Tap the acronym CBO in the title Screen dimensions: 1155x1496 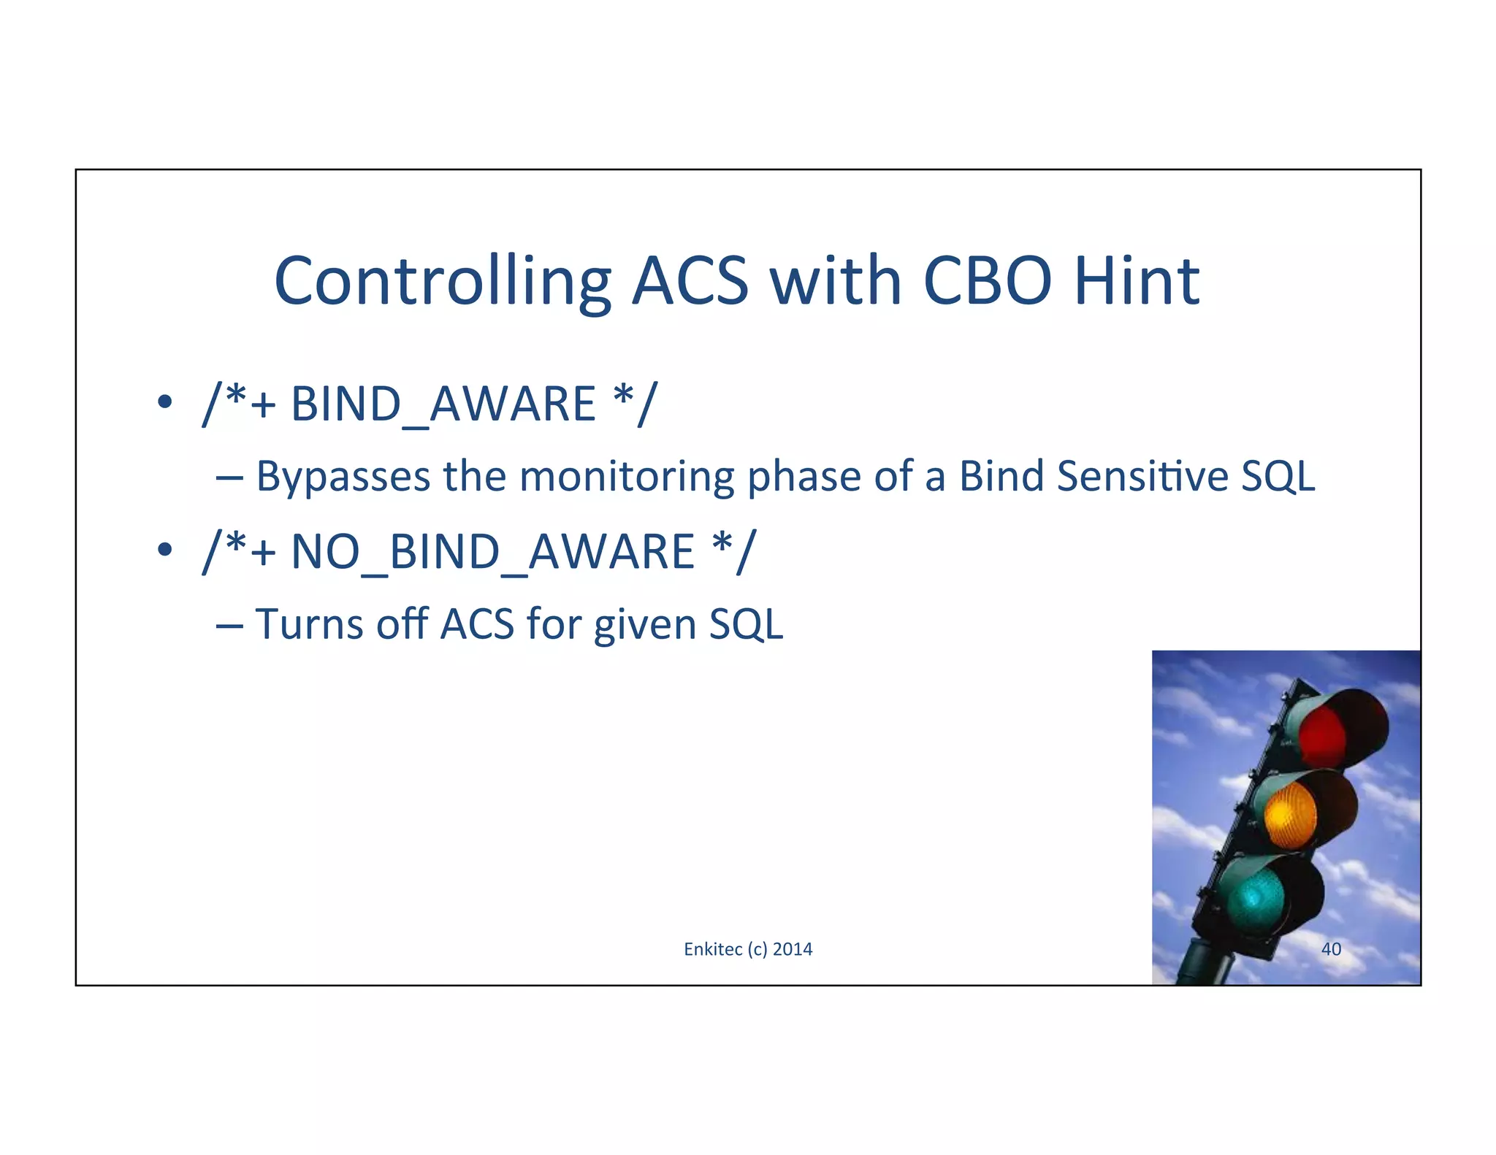coord(987,281)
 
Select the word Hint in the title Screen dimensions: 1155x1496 coord(1136,281)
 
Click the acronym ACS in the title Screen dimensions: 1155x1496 coord(690,281)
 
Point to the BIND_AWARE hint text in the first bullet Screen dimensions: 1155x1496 coord(443,404)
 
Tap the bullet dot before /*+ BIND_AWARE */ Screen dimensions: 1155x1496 coord(165,402)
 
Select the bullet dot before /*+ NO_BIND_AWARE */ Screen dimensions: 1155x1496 coord(165,549)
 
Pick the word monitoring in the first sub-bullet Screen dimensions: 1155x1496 coord(627,477)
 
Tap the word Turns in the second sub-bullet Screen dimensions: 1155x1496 coord(309,625)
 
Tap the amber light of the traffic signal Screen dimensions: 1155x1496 coord(1290,814)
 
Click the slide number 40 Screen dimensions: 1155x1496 coord(1331,949)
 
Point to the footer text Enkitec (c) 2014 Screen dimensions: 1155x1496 coord(748,949)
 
